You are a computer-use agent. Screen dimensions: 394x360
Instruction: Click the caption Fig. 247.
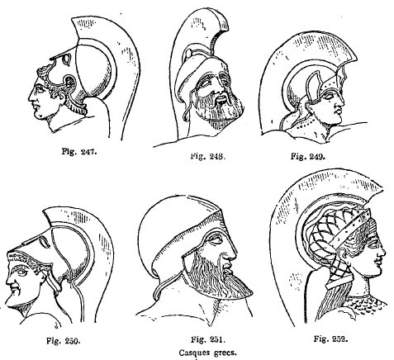[x=79, y=152]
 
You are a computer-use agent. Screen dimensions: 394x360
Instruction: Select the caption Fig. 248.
[x=208, y=156]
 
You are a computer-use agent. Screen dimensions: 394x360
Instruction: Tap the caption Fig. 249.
[x=308, y=157]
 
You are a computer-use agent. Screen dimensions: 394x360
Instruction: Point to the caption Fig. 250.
[x=64, y=341]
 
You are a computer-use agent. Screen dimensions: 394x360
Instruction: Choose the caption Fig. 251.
[x=208, y=339]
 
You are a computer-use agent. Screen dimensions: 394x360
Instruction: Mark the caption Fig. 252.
[x=330, y=339]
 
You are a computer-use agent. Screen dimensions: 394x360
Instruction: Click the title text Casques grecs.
[x=208, y=353]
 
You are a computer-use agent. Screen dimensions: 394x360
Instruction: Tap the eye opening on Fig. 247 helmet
[x=67, y=59]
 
